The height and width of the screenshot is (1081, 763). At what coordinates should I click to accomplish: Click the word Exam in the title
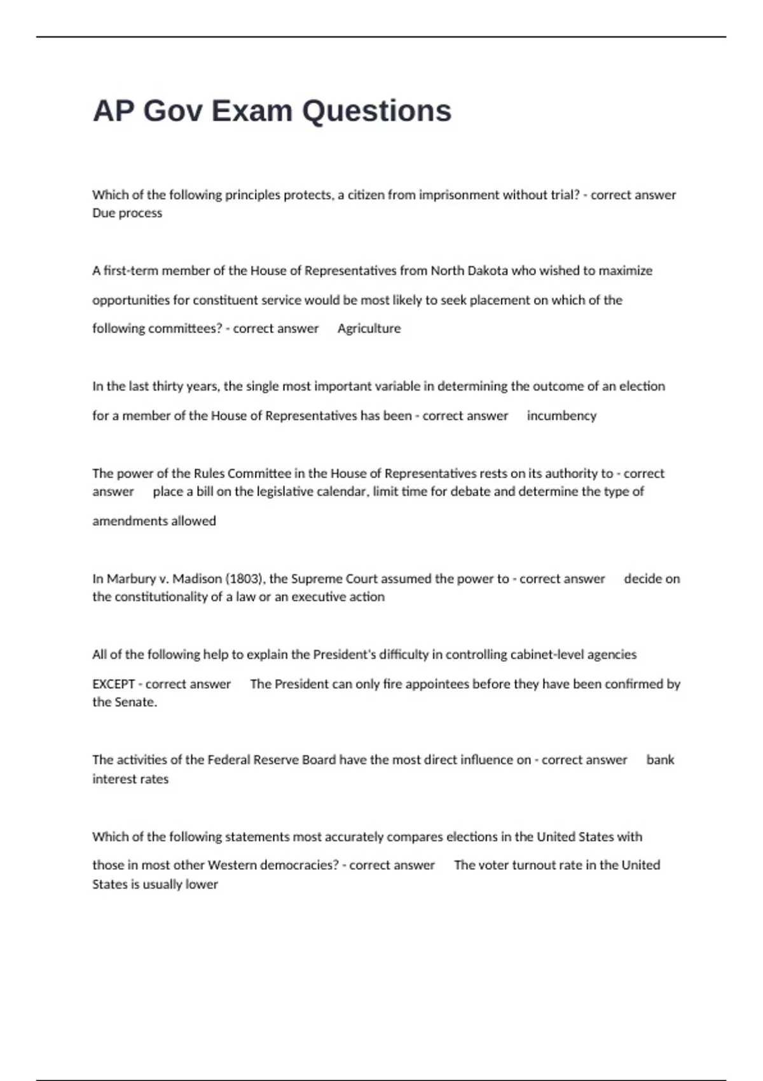coord(252,111)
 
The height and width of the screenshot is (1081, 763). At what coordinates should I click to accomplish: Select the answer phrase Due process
coord(127,213)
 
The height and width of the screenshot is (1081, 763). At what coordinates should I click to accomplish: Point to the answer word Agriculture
coord(369,329)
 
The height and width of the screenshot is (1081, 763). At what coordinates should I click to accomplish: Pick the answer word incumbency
coord(561,416)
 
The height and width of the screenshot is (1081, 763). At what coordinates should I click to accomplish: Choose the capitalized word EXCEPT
coord(113,685)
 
